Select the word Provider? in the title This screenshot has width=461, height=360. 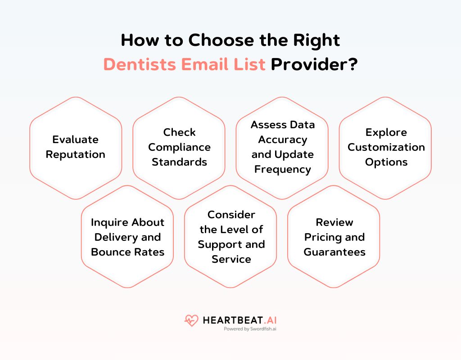coord(314,64)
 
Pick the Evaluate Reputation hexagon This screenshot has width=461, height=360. coord(76,147)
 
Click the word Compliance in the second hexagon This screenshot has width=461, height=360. coord(179,147)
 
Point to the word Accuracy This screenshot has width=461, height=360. coord(283,139)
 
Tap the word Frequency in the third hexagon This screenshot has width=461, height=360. coord(283,169)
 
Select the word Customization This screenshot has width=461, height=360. coord(386,147)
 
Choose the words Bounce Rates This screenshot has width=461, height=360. coord(127,252)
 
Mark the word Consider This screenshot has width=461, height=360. coord(231,215)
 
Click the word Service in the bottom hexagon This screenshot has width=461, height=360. coord(231,259)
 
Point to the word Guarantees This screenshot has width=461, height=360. coord(334,252)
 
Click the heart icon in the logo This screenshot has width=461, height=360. coord(191,320)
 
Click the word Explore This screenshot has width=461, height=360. coord(386,132)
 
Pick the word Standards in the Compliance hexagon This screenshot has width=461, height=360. coord(179,162)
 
